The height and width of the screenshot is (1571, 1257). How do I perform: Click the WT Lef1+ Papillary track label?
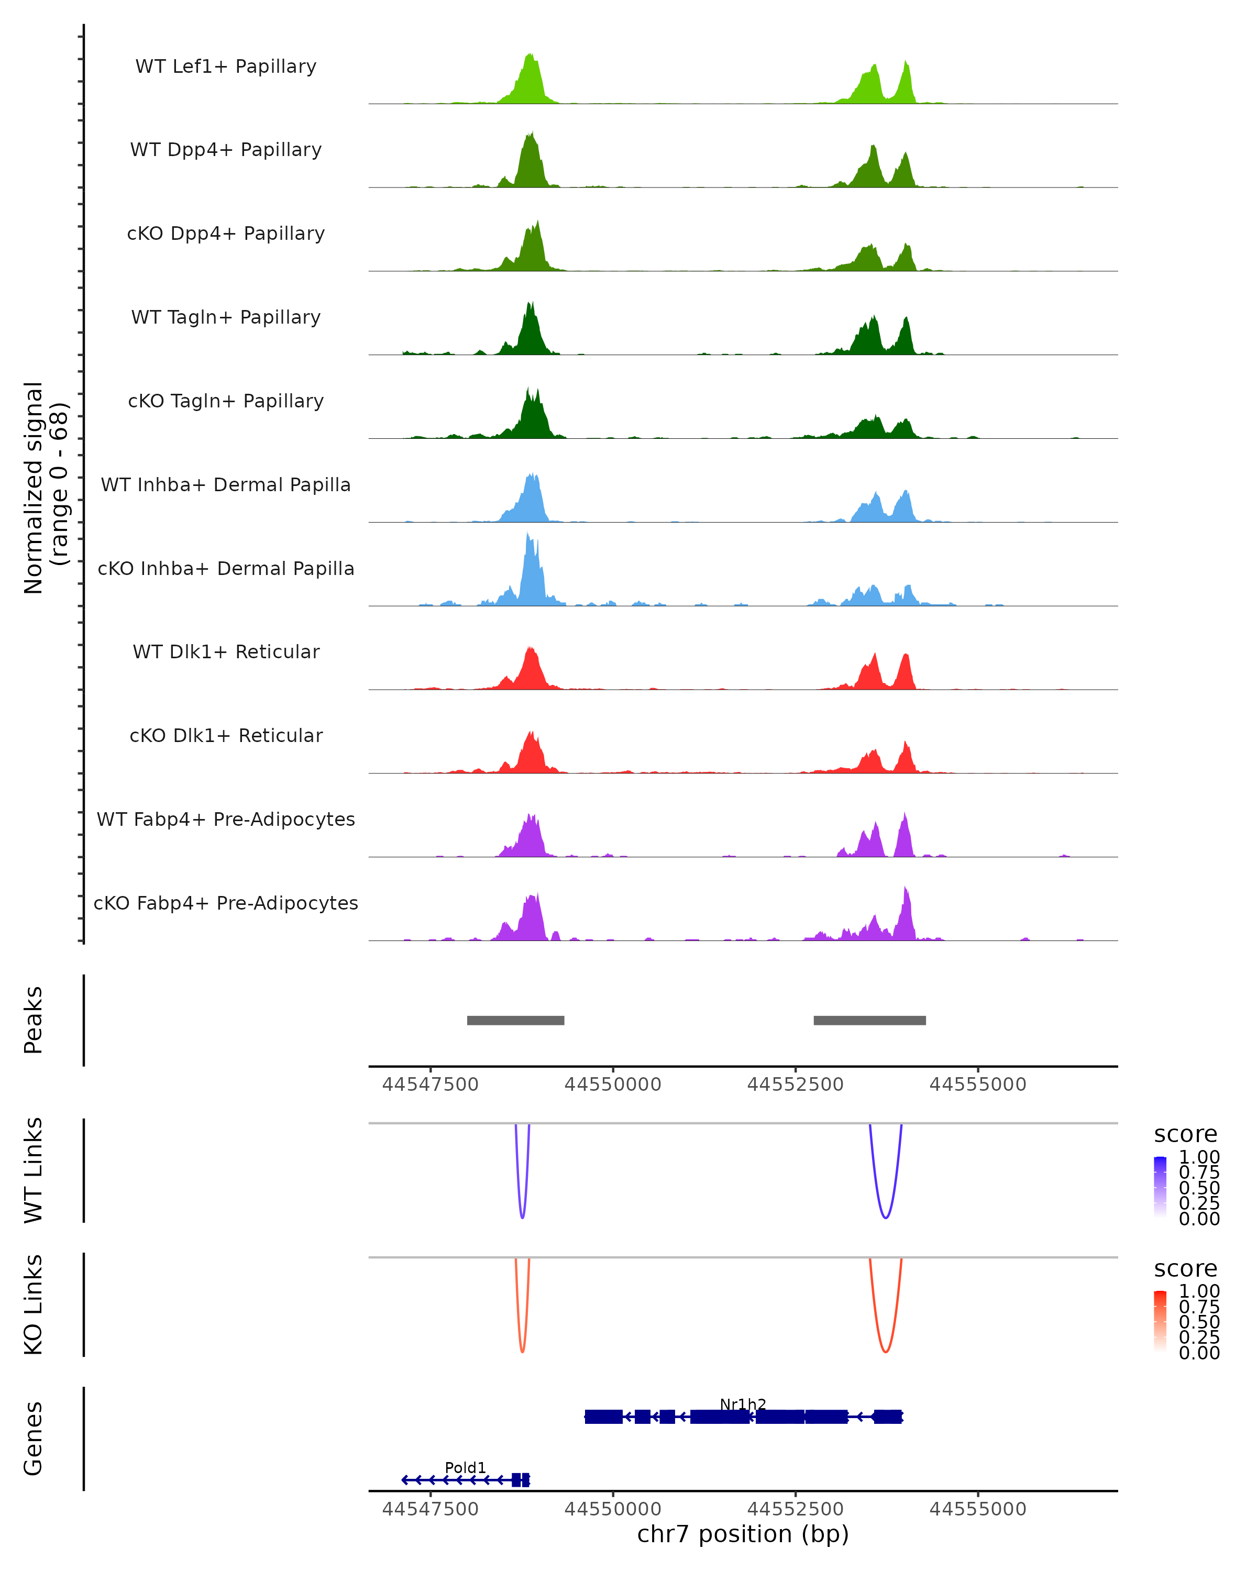pos(226,67)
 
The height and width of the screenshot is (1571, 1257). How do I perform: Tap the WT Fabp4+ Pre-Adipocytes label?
pos(226,820)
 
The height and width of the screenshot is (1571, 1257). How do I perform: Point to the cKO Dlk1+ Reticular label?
pos(226,736)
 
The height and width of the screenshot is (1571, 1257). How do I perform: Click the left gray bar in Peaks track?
pos(515,1020)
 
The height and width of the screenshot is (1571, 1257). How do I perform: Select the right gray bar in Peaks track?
pos(869,1020)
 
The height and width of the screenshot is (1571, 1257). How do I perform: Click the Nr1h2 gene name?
pos(743,1404)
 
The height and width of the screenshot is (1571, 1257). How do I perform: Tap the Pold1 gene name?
pos(465,1467)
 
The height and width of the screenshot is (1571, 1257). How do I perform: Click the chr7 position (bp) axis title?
pos(743,1534)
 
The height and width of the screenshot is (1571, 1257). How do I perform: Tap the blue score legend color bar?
pos(1160,1187)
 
